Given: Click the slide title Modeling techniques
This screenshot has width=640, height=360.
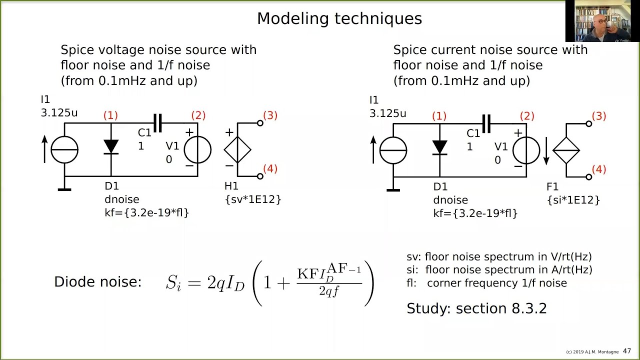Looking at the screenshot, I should point(339,18).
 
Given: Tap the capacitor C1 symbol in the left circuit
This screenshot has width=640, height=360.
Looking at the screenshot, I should point(157,123).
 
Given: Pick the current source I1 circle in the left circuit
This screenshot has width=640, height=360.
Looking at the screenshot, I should point(64,149).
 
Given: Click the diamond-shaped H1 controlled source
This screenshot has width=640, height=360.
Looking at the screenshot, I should point(237,149).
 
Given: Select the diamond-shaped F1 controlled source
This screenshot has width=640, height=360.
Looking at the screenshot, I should point(566,150).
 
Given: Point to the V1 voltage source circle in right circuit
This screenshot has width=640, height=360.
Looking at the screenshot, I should point(526,150).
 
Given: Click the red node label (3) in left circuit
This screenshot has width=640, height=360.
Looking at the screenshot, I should point(269,115).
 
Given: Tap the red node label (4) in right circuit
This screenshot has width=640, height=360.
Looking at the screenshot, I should point(598,169).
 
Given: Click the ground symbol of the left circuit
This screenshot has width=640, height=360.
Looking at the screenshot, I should point(64,188).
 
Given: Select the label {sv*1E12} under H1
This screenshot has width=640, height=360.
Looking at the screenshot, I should point(252,199).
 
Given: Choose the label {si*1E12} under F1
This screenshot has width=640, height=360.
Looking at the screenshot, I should point(573,200).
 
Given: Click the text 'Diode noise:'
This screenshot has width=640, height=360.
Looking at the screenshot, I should point(98,282).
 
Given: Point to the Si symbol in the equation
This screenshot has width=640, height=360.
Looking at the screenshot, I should point(173,283).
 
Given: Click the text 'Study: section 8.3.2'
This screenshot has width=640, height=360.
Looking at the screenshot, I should point(476,308).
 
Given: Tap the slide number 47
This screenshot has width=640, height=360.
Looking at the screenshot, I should point(626,351).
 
